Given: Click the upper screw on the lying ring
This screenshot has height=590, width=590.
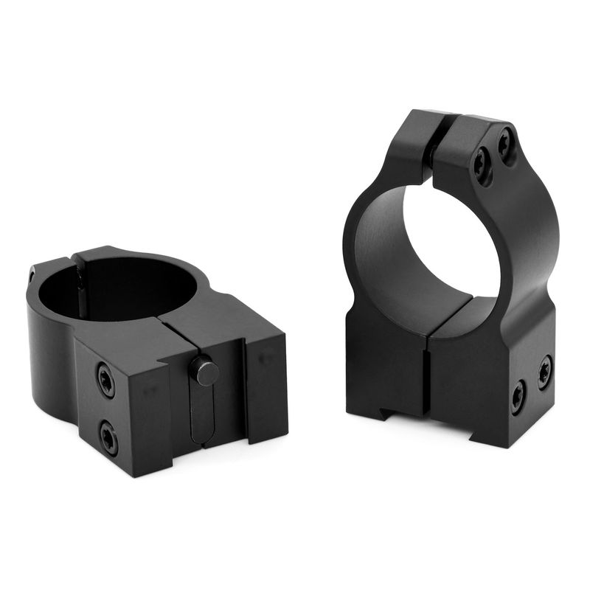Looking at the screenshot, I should point(105,381).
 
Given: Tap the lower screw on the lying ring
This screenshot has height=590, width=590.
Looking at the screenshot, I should point(108,440).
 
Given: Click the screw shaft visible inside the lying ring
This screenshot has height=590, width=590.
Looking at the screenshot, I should point(79,288).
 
